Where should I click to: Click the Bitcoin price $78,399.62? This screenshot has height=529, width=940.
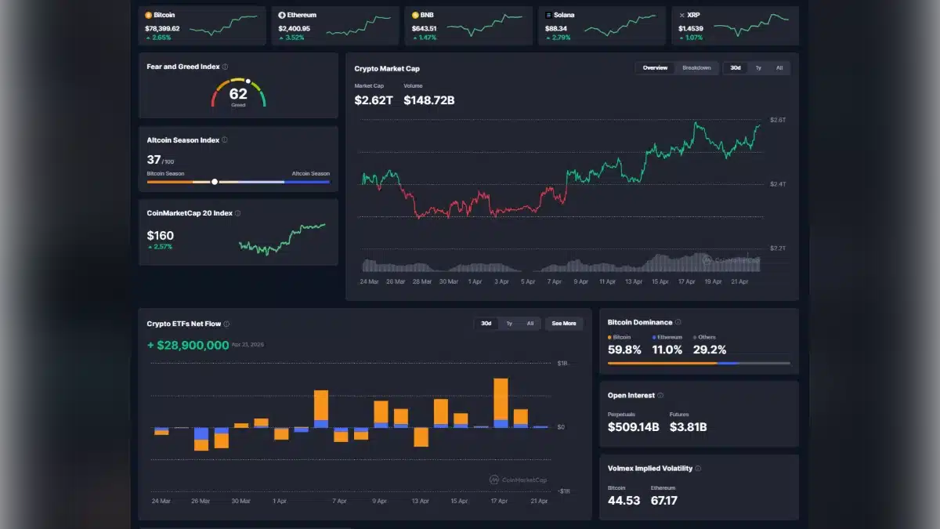click(x=162, y=28)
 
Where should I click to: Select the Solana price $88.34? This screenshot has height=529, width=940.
click(x=556, y=28)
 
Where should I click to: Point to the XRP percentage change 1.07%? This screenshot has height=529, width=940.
click(x=695, y=38)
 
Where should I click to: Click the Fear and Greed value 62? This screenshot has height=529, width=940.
click(x=238, y=94)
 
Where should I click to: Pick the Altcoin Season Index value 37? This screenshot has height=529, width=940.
click(x=154, y=160)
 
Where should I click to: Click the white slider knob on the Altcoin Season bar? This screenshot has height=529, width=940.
click(x=215, y=182)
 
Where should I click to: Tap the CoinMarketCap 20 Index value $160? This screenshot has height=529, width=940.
click(x=161, y=235)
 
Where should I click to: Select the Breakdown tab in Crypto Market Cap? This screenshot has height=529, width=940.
click(x=696, y=68)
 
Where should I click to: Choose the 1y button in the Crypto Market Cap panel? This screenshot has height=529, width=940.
click(x=757, y=68)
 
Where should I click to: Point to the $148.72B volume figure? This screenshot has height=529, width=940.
click(x=429, y=100)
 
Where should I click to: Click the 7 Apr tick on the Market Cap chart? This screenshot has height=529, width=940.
click(x=554, y=281)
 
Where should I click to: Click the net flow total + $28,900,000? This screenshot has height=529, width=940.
click(x=188, y=345)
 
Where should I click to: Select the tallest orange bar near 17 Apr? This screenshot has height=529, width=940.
click(x=501, y=400)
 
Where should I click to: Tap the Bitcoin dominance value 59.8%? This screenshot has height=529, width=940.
click(x=624, y=350)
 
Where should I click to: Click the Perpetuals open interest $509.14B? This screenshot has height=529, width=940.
click(x=634, y=427)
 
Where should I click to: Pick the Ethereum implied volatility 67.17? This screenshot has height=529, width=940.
click(x=664, y=500)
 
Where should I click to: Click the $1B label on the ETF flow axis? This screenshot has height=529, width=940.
click(x=562, y=364)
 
